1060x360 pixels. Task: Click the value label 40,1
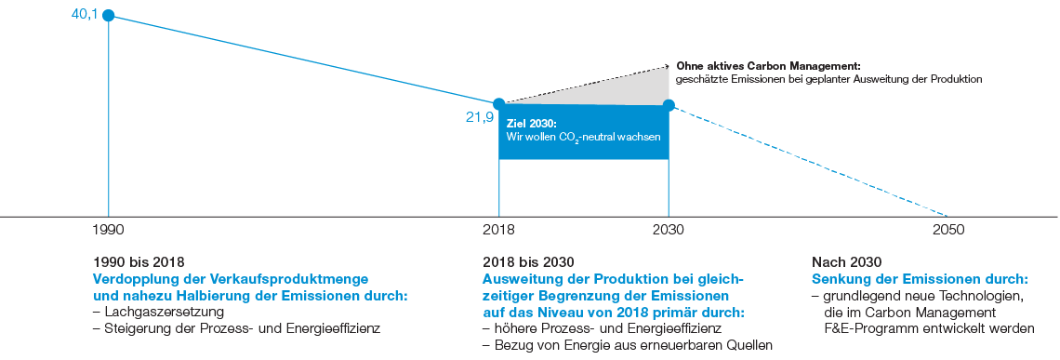pos(85,14)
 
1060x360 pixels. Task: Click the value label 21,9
pos(479,117)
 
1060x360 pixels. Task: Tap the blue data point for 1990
pos(109,15)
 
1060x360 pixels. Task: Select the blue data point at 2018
pos(499,103)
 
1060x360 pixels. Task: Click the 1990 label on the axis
pos(109,230)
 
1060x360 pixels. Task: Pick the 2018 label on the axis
pos(499,230)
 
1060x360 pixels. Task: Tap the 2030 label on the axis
pos(668,230)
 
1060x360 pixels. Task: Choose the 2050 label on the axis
pos(948,230)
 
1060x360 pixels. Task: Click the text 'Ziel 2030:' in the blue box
pos(530,123)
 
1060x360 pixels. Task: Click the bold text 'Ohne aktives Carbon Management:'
pos(768,67)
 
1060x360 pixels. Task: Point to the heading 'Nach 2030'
pos(846,262)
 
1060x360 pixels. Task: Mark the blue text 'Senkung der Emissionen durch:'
pos(920,279)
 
